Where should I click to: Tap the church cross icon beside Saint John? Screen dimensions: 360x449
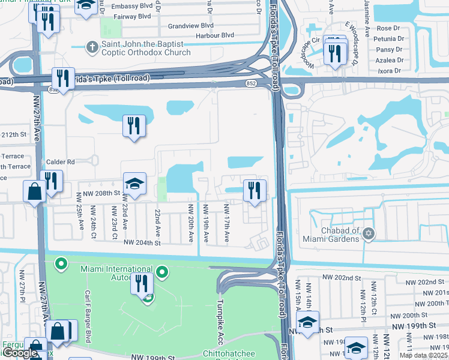[x=91, y=46]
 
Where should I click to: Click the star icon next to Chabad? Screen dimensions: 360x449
[x=369, y=234]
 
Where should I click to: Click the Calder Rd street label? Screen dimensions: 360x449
[x=60, y=162]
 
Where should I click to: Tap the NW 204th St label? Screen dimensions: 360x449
[x=142, y=243]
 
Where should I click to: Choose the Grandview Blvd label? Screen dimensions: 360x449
[x=191, y=26]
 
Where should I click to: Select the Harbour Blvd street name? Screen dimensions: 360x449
[x=214, y=35]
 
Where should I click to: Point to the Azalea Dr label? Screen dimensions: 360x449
[x=390, y=60]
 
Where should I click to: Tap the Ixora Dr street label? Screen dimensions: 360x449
[x=390, y=71]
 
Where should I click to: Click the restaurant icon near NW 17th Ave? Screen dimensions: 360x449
[x=255, y=191]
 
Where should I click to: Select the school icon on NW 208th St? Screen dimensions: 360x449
[x=135, y=183]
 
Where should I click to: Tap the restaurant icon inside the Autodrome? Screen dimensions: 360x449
[x=142, y=283]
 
